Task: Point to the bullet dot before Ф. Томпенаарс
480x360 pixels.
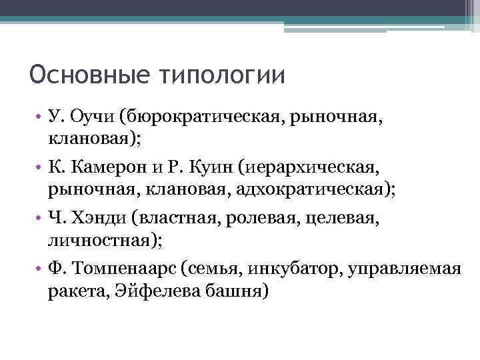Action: tap(39, 269)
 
